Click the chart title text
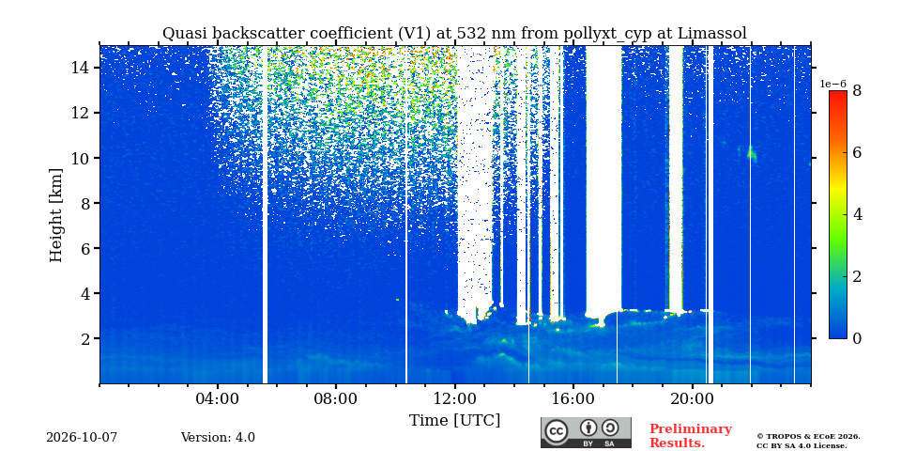pos(454,34)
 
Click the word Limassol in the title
pos(712,34)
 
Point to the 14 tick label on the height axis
pos(80,68)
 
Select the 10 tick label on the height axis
pos(80,158)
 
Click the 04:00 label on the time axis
pos(218,398)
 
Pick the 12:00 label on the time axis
pos(455,398)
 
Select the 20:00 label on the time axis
pos(692,398)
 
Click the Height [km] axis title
pos(55,215)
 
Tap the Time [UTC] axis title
pos(454,420)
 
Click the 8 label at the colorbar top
pos(857,91)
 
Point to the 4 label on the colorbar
pos(857,214)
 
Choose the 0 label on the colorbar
pos(857,338)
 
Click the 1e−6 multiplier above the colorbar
pos(832,84)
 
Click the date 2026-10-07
pos(82,438)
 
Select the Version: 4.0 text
pos(218,438)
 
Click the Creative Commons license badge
pos(586,432)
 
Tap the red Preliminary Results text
pos(691,436)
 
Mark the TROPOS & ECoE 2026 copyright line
pos(808,437)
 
